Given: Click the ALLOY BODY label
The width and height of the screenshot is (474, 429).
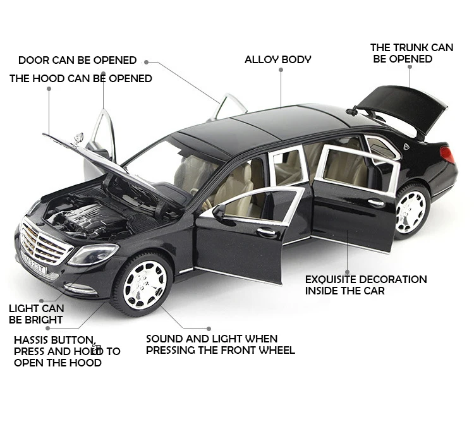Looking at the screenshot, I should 277,59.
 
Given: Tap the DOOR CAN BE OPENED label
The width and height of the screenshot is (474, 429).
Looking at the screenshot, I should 77,60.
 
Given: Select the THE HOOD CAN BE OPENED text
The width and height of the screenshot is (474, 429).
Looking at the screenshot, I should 80,78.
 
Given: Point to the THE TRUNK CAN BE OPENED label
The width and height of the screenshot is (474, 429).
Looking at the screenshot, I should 411,53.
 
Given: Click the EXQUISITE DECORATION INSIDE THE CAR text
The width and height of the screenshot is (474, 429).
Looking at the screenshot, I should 365,285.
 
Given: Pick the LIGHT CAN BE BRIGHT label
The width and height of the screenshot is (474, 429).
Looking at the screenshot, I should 36,314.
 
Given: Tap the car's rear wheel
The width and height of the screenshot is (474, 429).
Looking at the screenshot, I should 411,209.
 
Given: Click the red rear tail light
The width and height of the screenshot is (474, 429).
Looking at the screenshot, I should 448,154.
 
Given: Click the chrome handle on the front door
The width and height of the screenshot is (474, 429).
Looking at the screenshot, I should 266,232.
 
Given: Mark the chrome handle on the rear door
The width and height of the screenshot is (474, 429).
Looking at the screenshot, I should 377,203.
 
